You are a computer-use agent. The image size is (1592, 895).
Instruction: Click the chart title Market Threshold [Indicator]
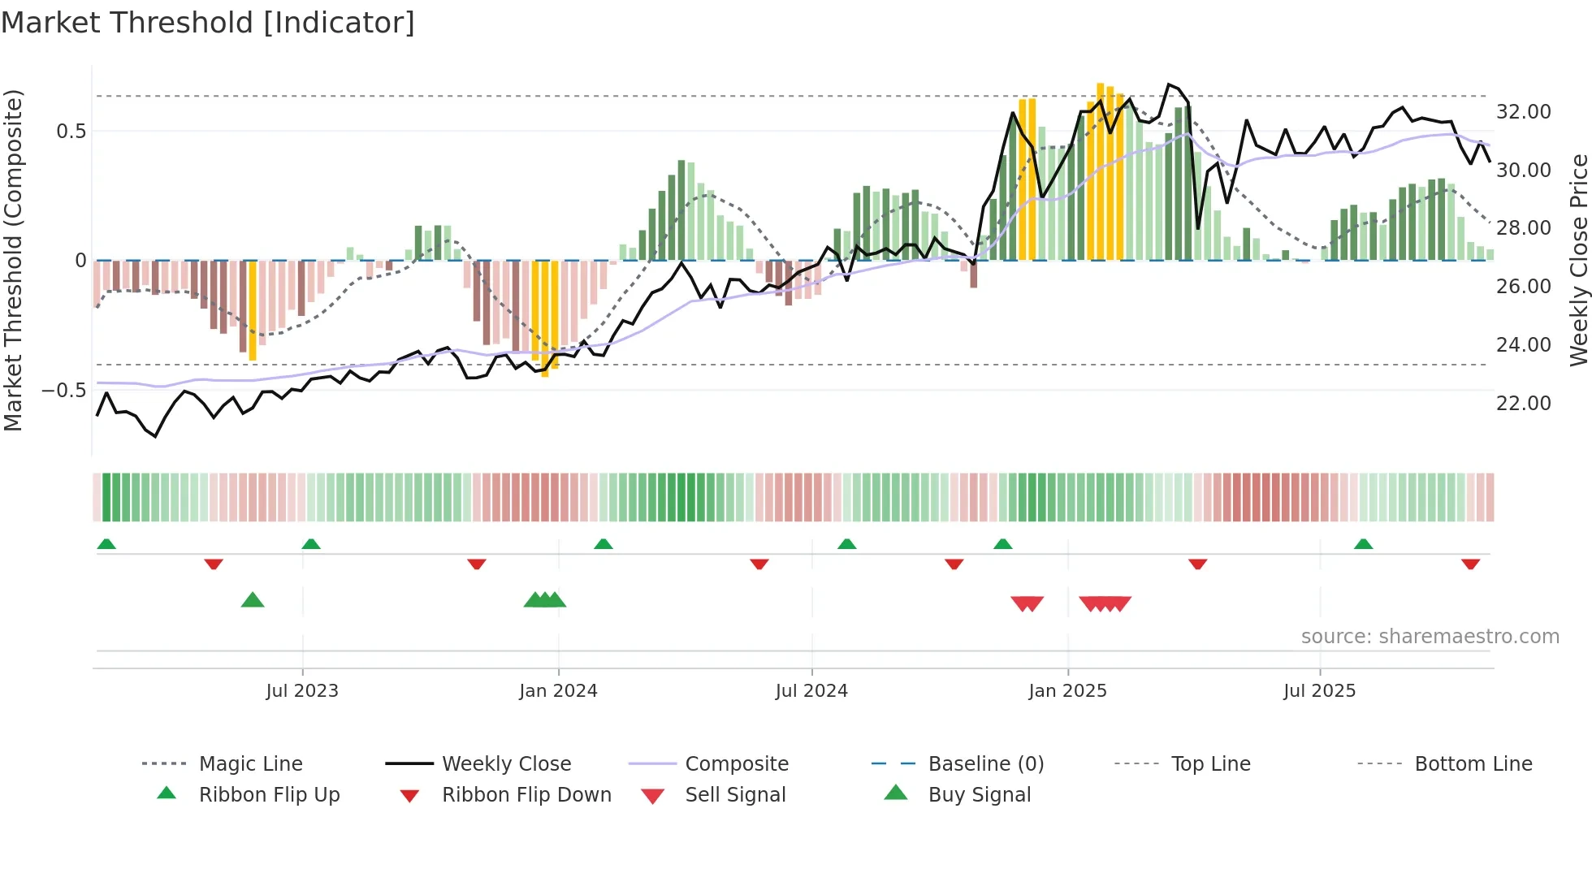208,23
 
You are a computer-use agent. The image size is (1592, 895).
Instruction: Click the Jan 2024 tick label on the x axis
558,691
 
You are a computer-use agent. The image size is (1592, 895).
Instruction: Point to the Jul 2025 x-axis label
1319,691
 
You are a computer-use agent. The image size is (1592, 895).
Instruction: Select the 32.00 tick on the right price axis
1523,112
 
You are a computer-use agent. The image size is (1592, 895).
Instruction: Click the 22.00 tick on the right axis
1523,404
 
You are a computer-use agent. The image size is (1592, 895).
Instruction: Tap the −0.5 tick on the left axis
63,391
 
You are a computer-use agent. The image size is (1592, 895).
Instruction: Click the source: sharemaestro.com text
1430,637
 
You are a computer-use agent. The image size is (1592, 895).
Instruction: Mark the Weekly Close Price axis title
1578,260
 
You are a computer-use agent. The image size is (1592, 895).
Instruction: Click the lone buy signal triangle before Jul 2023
253,600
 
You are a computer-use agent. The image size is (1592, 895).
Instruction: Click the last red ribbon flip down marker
1470,564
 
